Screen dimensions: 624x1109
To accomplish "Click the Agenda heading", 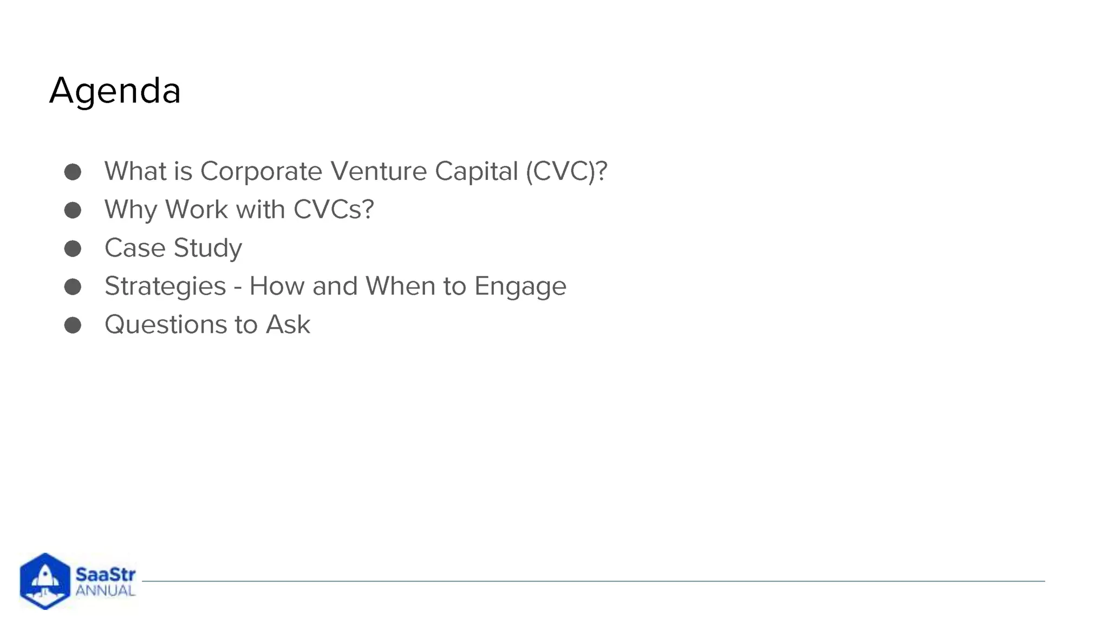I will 115,90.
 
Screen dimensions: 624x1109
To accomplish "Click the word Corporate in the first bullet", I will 261,171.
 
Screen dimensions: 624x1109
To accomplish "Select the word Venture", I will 379,171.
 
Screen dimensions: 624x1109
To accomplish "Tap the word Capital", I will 476,171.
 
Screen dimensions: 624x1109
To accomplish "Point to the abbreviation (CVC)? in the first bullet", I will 566,171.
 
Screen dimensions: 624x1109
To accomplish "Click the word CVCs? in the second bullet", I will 334,210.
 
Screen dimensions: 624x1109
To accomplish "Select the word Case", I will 135,248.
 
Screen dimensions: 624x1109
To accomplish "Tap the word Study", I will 207,249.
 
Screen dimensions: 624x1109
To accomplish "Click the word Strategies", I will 165,287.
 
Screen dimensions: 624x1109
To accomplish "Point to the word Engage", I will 520,287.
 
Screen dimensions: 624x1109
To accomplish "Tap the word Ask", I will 288,324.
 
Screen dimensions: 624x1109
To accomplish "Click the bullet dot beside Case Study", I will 73,249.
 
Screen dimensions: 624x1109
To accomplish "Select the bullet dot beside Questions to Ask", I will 73,325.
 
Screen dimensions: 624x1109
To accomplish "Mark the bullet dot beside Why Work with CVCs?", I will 73,210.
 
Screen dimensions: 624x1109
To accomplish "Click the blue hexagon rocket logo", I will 45,581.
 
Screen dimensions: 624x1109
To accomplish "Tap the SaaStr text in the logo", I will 106,574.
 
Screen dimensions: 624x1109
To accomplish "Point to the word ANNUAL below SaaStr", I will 105,590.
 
